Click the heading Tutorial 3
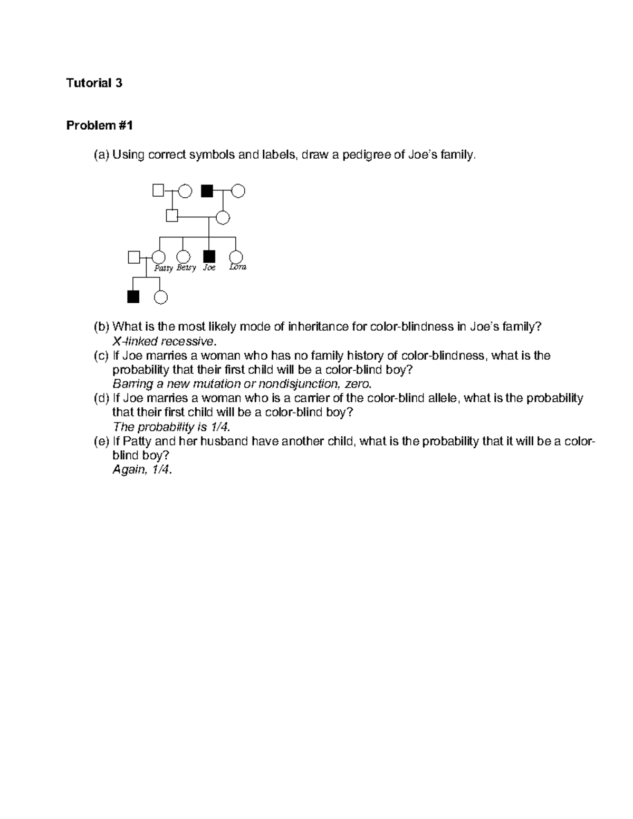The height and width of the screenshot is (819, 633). pos(94,83)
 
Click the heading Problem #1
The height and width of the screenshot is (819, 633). pos(99,126)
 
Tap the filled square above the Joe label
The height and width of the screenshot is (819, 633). pos(209,256)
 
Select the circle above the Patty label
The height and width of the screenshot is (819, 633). pos(158,257)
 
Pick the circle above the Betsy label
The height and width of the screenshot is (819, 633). pos(183,257)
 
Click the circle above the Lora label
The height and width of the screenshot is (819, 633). pos(235,256)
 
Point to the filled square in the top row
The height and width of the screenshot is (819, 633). pos(207,190)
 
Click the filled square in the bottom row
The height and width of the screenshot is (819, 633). pos(133,297)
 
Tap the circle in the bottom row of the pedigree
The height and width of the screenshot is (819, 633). pos(161,297)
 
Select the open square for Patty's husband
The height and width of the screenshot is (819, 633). pos(134,257)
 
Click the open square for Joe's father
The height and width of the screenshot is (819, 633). pos(171,216)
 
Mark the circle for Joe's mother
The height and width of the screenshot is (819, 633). pos(223,217)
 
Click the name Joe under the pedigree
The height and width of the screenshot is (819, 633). pos(209,268)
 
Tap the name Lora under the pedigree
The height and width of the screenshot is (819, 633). pos(238,267)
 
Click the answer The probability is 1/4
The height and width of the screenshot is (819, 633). pos(171,427)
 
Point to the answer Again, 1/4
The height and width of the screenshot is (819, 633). pos(142,469)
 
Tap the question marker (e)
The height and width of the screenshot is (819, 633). pos(101,441)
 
